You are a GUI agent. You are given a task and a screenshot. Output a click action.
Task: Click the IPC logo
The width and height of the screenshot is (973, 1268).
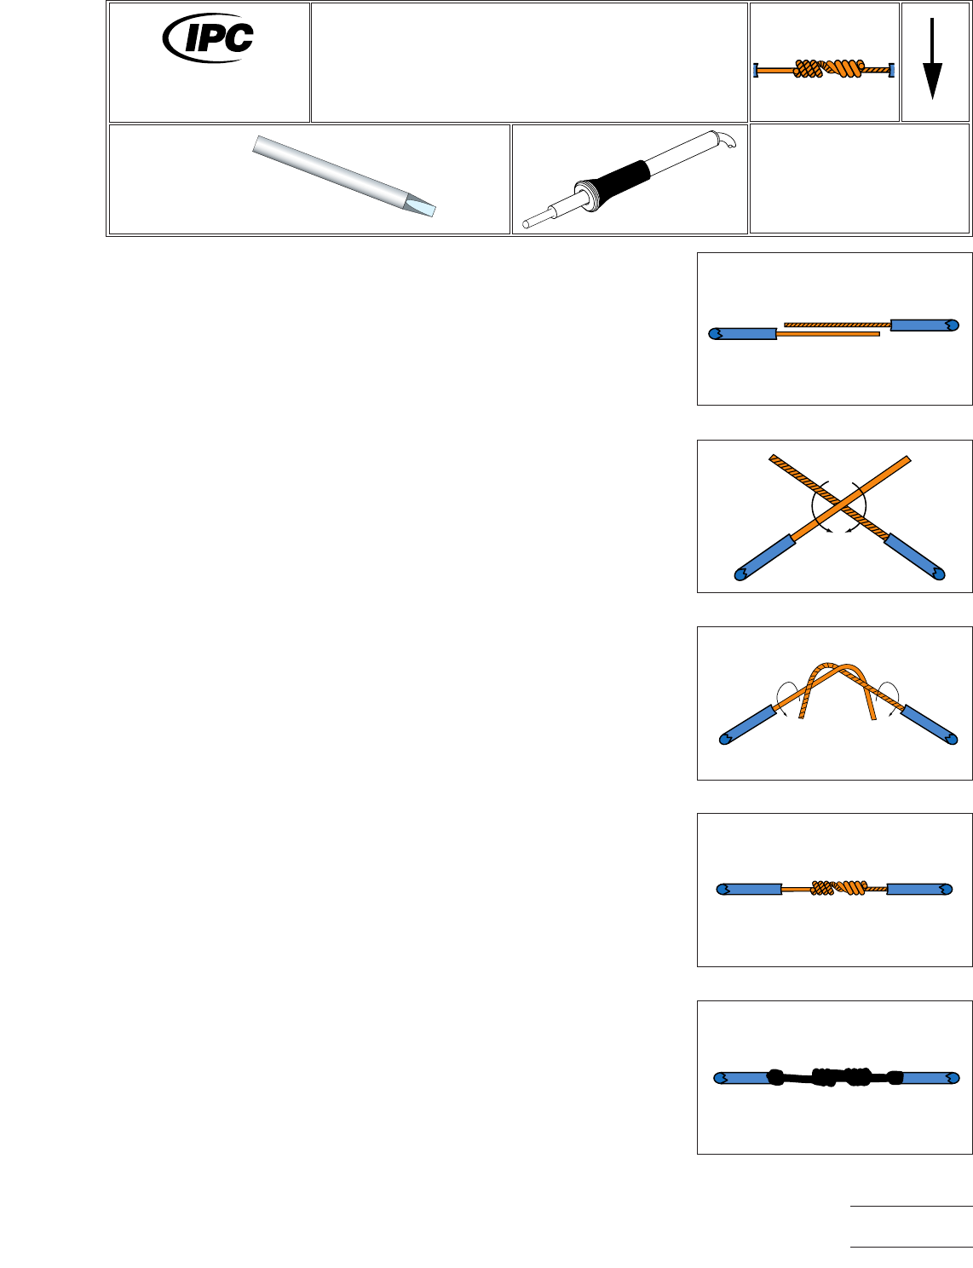pos(209,37)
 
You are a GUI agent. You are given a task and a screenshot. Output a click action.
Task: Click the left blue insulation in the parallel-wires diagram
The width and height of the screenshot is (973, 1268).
pos(743,333)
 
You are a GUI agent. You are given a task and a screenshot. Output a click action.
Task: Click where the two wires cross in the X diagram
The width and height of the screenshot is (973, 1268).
pos(840,510)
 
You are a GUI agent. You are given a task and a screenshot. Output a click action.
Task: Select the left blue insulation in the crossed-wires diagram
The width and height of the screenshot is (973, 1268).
pos(767,557)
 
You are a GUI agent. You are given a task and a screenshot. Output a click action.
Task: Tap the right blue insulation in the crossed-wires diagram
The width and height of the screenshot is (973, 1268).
pos(914,556)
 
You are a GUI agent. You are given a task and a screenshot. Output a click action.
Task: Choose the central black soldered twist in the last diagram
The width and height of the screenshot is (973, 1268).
pos(839,1076)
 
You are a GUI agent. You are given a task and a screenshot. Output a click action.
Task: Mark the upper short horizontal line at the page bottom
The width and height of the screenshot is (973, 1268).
pos(911,1207)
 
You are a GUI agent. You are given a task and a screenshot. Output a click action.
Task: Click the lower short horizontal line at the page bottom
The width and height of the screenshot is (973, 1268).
pos(911,1248)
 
